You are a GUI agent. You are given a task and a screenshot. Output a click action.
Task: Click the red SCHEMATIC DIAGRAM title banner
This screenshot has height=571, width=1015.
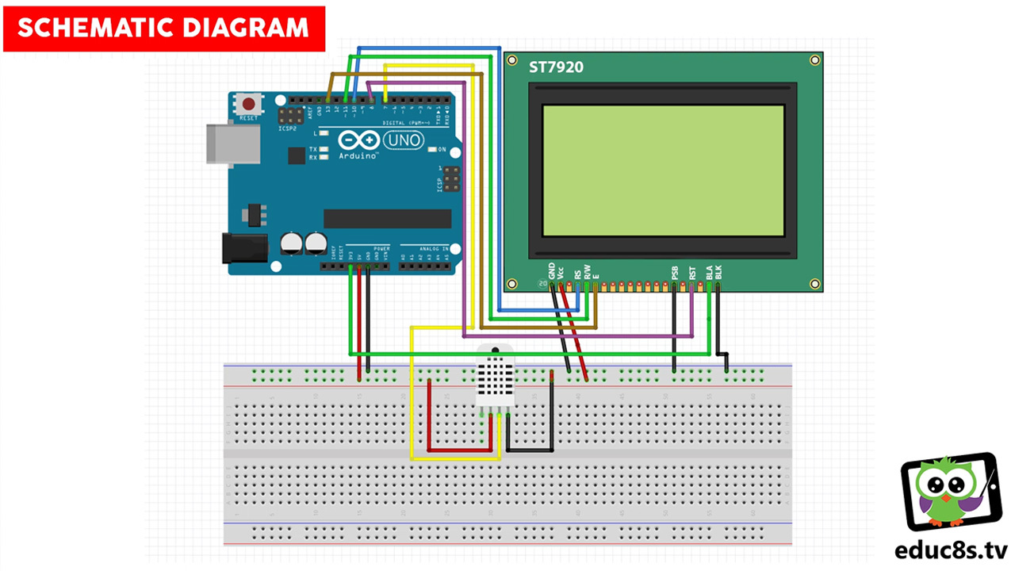point(163,29)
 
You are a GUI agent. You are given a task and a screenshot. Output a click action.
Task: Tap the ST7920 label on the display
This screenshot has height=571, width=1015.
point(556,67)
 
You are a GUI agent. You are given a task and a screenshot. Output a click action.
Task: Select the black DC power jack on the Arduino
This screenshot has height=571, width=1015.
point(238,248)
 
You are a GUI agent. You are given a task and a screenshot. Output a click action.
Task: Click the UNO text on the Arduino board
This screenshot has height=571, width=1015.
point(404,140)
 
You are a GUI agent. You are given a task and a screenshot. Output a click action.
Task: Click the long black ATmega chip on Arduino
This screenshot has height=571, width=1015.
point(387,218)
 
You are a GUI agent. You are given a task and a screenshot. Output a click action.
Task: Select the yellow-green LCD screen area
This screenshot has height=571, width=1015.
point(663,171)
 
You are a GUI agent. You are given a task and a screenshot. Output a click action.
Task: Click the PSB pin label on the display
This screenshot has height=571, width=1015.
point(675,273)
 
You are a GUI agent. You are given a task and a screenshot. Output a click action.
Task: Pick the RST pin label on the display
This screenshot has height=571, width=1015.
point(692,273)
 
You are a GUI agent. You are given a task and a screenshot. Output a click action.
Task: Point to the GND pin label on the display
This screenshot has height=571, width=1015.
point(552,271)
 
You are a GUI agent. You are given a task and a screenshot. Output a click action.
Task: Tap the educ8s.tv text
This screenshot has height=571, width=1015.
point(951,550)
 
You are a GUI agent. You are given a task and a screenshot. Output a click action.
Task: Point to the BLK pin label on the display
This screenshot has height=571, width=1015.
point(718,271)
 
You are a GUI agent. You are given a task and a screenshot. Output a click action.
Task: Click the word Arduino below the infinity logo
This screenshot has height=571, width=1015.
point(359,157)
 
